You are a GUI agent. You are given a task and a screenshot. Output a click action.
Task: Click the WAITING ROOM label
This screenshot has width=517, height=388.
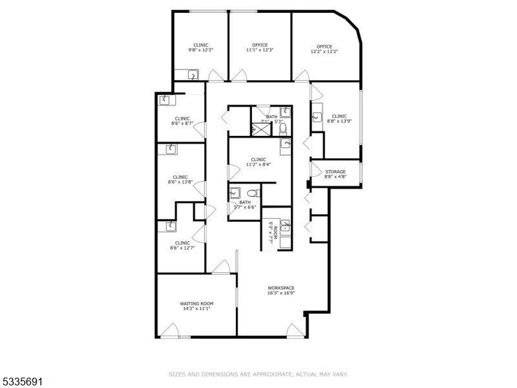pos(196,303)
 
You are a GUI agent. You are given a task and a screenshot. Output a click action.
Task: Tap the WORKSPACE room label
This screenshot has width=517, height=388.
pos(281,288)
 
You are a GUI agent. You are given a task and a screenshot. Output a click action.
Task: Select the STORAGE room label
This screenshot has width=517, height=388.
pos(335,171)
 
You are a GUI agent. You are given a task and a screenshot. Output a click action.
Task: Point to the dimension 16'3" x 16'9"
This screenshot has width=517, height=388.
pos(281,293)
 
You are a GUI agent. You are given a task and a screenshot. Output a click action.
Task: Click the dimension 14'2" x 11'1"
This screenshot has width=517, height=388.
pos(196,308)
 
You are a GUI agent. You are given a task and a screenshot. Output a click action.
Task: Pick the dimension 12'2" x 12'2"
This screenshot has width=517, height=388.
pos(324,51)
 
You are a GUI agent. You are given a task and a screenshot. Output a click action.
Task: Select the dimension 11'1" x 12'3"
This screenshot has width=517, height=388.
pos(260,50)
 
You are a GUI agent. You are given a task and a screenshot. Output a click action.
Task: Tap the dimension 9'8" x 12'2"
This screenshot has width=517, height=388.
pos(201,50)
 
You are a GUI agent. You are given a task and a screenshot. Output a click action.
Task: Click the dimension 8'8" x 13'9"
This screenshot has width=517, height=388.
pos(339,121)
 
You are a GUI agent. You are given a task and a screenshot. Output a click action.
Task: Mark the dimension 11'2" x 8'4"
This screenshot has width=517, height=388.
pos(258,164)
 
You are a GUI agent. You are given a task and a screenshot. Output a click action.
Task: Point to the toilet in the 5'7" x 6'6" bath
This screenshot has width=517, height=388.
pos(254,193)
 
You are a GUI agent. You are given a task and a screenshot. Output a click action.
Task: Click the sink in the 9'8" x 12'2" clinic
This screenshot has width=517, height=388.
pos(193,75)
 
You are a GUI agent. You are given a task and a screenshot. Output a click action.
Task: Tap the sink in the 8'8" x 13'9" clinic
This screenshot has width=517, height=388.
pos(317,117)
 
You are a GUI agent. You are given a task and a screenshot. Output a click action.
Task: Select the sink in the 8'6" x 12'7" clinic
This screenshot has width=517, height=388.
pos(171,226)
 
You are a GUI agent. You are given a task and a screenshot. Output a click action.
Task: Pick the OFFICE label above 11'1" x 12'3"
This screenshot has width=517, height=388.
pos(260,45)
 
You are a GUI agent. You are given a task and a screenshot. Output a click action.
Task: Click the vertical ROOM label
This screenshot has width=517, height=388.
pos(275,233)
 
